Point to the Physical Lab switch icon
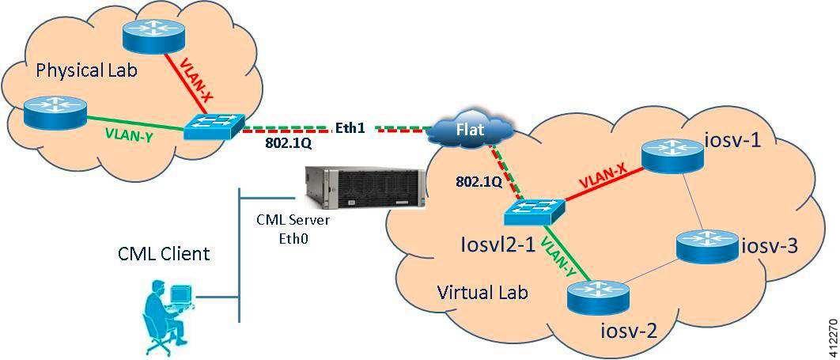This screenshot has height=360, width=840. point(214,126)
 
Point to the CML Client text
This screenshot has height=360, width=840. point(164,254)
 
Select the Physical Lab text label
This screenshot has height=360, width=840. point(87,70)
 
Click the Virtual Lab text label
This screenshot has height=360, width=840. point(482,292)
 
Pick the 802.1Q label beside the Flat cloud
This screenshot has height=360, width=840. point(478,181)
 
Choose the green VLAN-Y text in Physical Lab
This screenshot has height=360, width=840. point(128,135)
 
